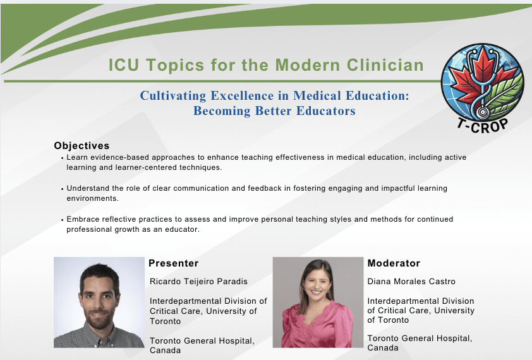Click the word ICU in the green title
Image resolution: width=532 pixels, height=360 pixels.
(123, 65)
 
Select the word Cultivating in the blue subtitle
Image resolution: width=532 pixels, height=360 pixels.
(172, 96)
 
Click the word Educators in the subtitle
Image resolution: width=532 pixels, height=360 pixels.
(326, 111)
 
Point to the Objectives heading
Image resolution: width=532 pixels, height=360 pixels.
(82, 145)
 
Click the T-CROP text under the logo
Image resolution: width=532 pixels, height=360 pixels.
(482, 126)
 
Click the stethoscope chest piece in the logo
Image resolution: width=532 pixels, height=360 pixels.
(481, 112)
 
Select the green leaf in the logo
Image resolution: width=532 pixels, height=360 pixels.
(503, 93)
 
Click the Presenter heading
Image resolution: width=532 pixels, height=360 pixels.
(173, 263)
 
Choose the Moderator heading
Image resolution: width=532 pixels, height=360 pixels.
(394, 263)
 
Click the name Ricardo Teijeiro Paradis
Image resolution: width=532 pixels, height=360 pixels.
(198, 281)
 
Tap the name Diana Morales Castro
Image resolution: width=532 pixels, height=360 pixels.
(411, 281)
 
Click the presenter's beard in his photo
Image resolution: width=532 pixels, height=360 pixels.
(98, 320)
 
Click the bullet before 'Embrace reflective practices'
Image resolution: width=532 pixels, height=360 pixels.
(63, 220)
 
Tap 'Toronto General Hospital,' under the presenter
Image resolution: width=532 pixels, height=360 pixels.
(202, 341)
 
